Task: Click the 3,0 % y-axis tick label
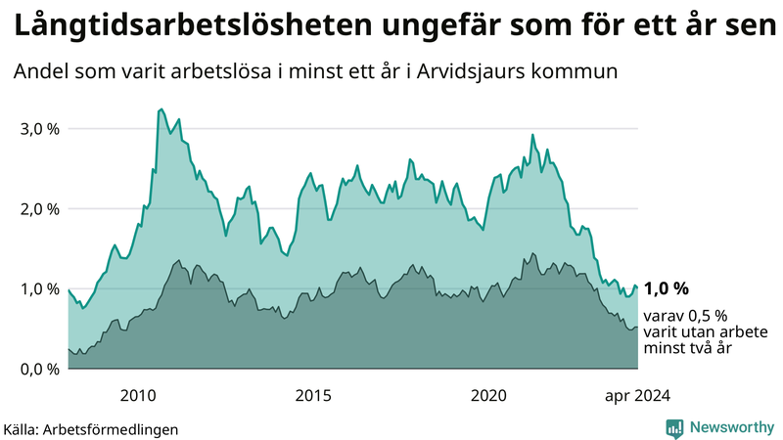[39, 129]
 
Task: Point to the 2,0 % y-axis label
[39, 209]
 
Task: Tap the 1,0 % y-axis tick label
[39, 289]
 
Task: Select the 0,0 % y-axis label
[39, 370]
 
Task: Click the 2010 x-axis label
[138, 396]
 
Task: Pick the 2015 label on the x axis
[313, 396]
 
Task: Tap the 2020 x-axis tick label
[488, 396]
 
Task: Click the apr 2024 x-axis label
[637, 396]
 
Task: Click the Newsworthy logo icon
[674, 427]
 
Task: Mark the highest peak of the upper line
[161, 109]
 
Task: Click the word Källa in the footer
[24, 429]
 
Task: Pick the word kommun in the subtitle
[584, 72]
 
